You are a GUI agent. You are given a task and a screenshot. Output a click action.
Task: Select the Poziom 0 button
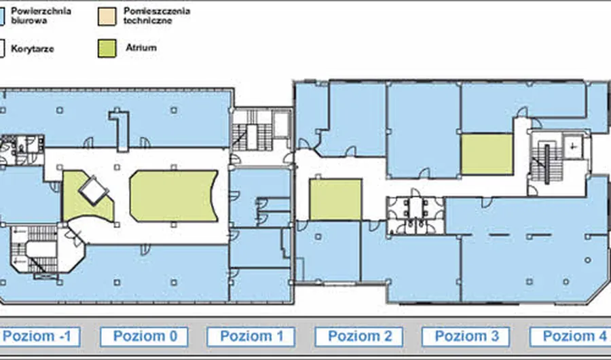pyautogui.click(x=144, y=337)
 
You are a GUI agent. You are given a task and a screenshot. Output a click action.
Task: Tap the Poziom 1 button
pyautogui.click(x=251, y=337)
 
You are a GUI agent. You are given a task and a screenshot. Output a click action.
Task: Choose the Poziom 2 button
pyautogui.click(x=359, y=337)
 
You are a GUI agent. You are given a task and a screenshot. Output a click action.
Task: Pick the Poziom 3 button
pyautogui.click(x=466, y=337)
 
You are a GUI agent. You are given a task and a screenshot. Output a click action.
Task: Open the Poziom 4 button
pyautogui.click(x=570, y=337)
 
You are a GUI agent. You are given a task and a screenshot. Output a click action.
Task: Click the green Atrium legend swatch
pyautogui.click(x=107, y=48)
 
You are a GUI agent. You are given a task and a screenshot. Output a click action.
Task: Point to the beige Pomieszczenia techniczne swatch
pyautogui.click(x=107, y=16)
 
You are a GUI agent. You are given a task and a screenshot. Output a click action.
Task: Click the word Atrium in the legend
pyautogui.click(x=141, y=48)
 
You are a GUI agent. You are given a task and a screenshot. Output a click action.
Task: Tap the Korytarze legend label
pyautogui.click(x=33, y=49)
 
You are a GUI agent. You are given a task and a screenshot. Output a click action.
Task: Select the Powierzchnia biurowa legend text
pyautogui.click(x=41, y=16)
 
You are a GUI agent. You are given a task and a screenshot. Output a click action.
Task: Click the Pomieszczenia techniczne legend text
pyautogui.click(x=157, y=16)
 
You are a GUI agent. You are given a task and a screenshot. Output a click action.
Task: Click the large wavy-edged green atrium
pyautogui.click(x=174, y=196)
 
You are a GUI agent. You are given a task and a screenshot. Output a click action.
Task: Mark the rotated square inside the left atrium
pyautogui.click(x=94, y=191)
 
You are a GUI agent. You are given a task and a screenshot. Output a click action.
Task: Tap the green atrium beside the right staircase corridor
pyautogui.click(x=487, y=154)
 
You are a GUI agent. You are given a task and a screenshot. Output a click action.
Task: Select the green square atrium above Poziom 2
pyautogui.click(x=335, y=200)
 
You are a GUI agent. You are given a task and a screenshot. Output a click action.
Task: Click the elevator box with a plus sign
pyautogui.click(x=573, y=147)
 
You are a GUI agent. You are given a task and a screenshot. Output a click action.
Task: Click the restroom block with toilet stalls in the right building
pyautogui.click(x=415, y=216)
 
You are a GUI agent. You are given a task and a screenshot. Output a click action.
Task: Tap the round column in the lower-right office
pyautogui.click(x=588, y=260)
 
